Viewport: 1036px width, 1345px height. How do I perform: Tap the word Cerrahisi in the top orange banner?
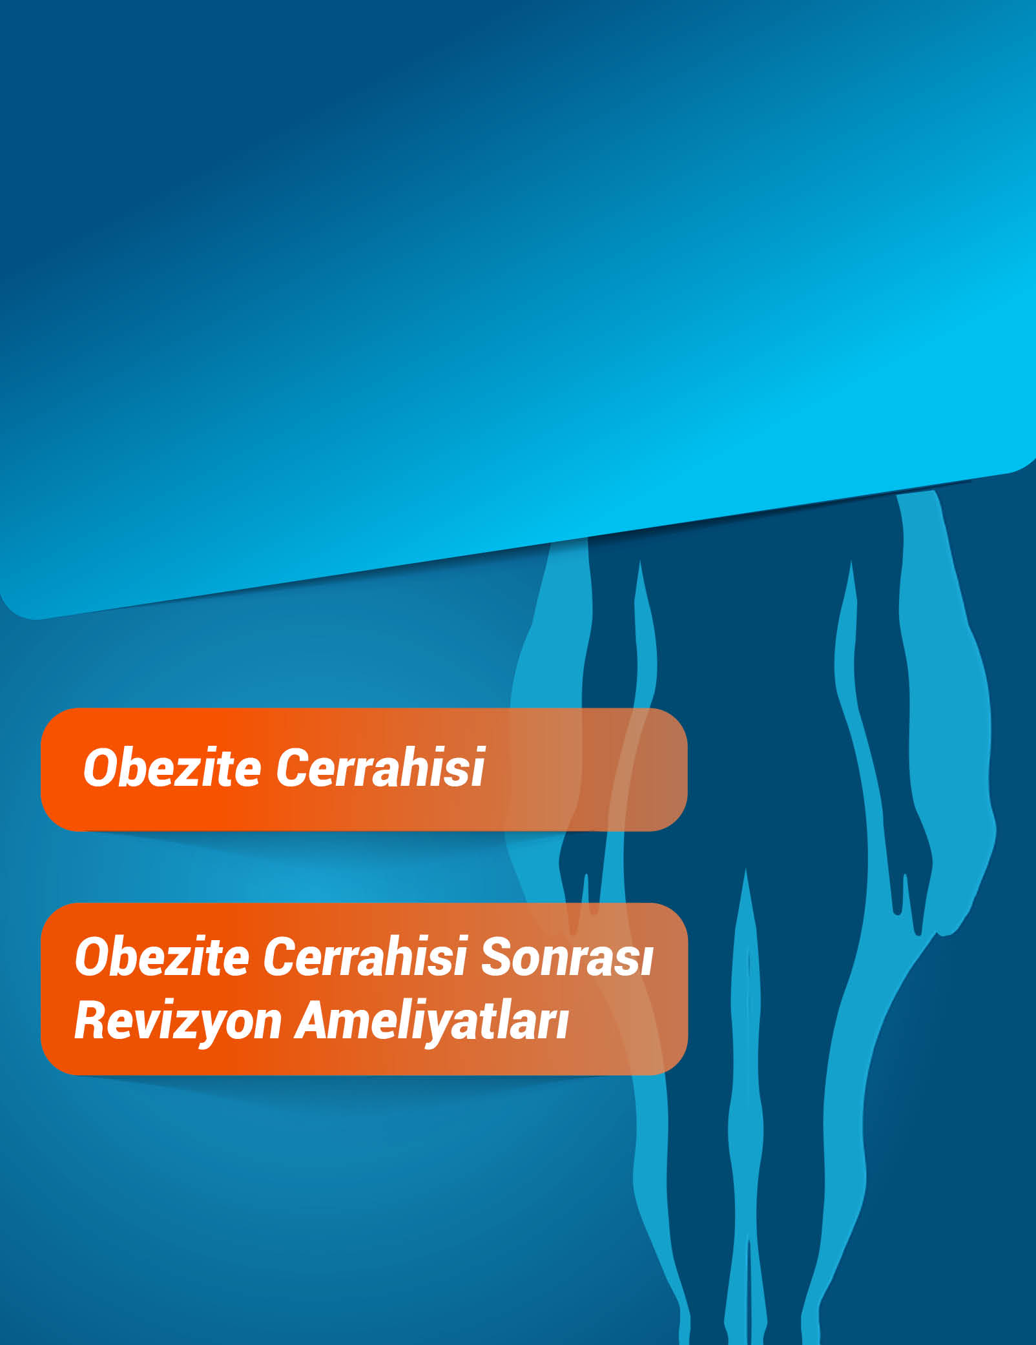pos(380,768)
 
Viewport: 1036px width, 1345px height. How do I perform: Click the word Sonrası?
pos(567,957)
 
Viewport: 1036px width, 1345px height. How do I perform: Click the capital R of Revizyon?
pos(90,1020)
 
